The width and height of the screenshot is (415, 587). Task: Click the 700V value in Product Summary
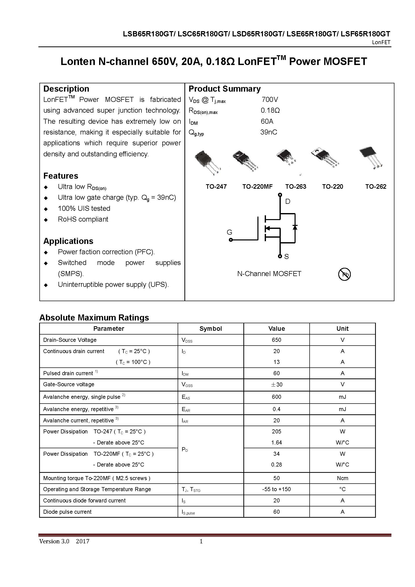click(269, 99)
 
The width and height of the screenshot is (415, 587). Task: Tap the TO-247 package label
click(216, 187)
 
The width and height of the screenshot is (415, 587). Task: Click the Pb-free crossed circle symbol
click(344, 275)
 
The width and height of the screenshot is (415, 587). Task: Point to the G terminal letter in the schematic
click(229, 232)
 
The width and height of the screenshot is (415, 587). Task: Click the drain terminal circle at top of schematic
click(280, 195)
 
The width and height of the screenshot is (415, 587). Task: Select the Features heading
click(61, 176)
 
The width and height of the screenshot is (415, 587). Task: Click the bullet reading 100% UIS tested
click(84, 208)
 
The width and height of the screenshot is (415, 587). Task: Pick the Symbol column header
click(211, 329)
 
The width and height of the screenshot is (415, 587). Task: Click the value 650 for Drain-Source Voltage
click(276, 340)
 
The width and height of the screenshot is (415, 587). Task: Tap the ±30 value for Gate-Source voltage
click(276, 384)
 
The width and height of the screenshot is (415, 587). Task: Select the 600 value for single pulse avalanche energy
click(276, 397)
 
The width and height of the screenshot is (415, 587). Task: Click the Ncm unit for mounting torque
click(342, 478)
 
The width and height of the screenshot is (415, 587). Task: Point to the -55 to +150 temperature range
click(276, 489)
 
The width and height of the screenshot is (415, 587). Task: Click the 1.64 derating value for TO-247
click(276, 442)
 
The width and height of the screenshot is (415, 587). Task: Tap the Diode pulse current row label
click(67, 511)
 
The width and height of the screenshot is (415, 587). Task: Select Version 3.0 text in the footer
click(54, 541)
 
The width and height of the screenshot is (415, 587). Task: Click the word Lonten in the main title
click(78, 62)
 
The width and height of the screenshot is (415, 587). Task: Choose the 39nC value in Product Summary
click(268, 132)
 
